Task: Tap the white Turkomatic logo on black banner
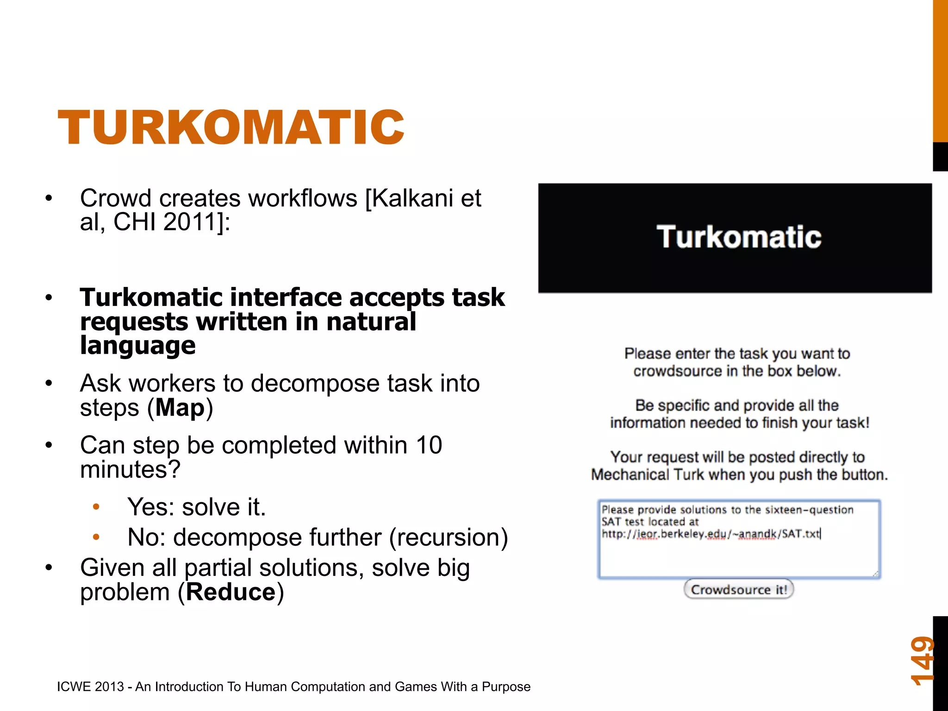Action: coord(739,237)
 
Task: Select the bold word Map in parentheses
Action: coord(180,408)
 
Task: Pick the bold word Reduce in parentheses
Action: coord(231,592)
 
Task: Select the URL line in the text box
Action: coord(711,534)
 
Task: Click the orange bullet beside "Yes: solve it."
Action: coord(96,507)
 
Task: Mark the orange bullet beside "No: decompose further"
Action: coord(96,537)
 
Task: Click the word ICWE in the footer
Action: coord(73,686)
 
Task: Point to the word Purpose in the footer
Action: coord(506,686)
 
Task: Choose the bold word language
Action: coord(138,345)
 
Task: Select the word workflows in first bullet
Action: coord(303,198)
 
